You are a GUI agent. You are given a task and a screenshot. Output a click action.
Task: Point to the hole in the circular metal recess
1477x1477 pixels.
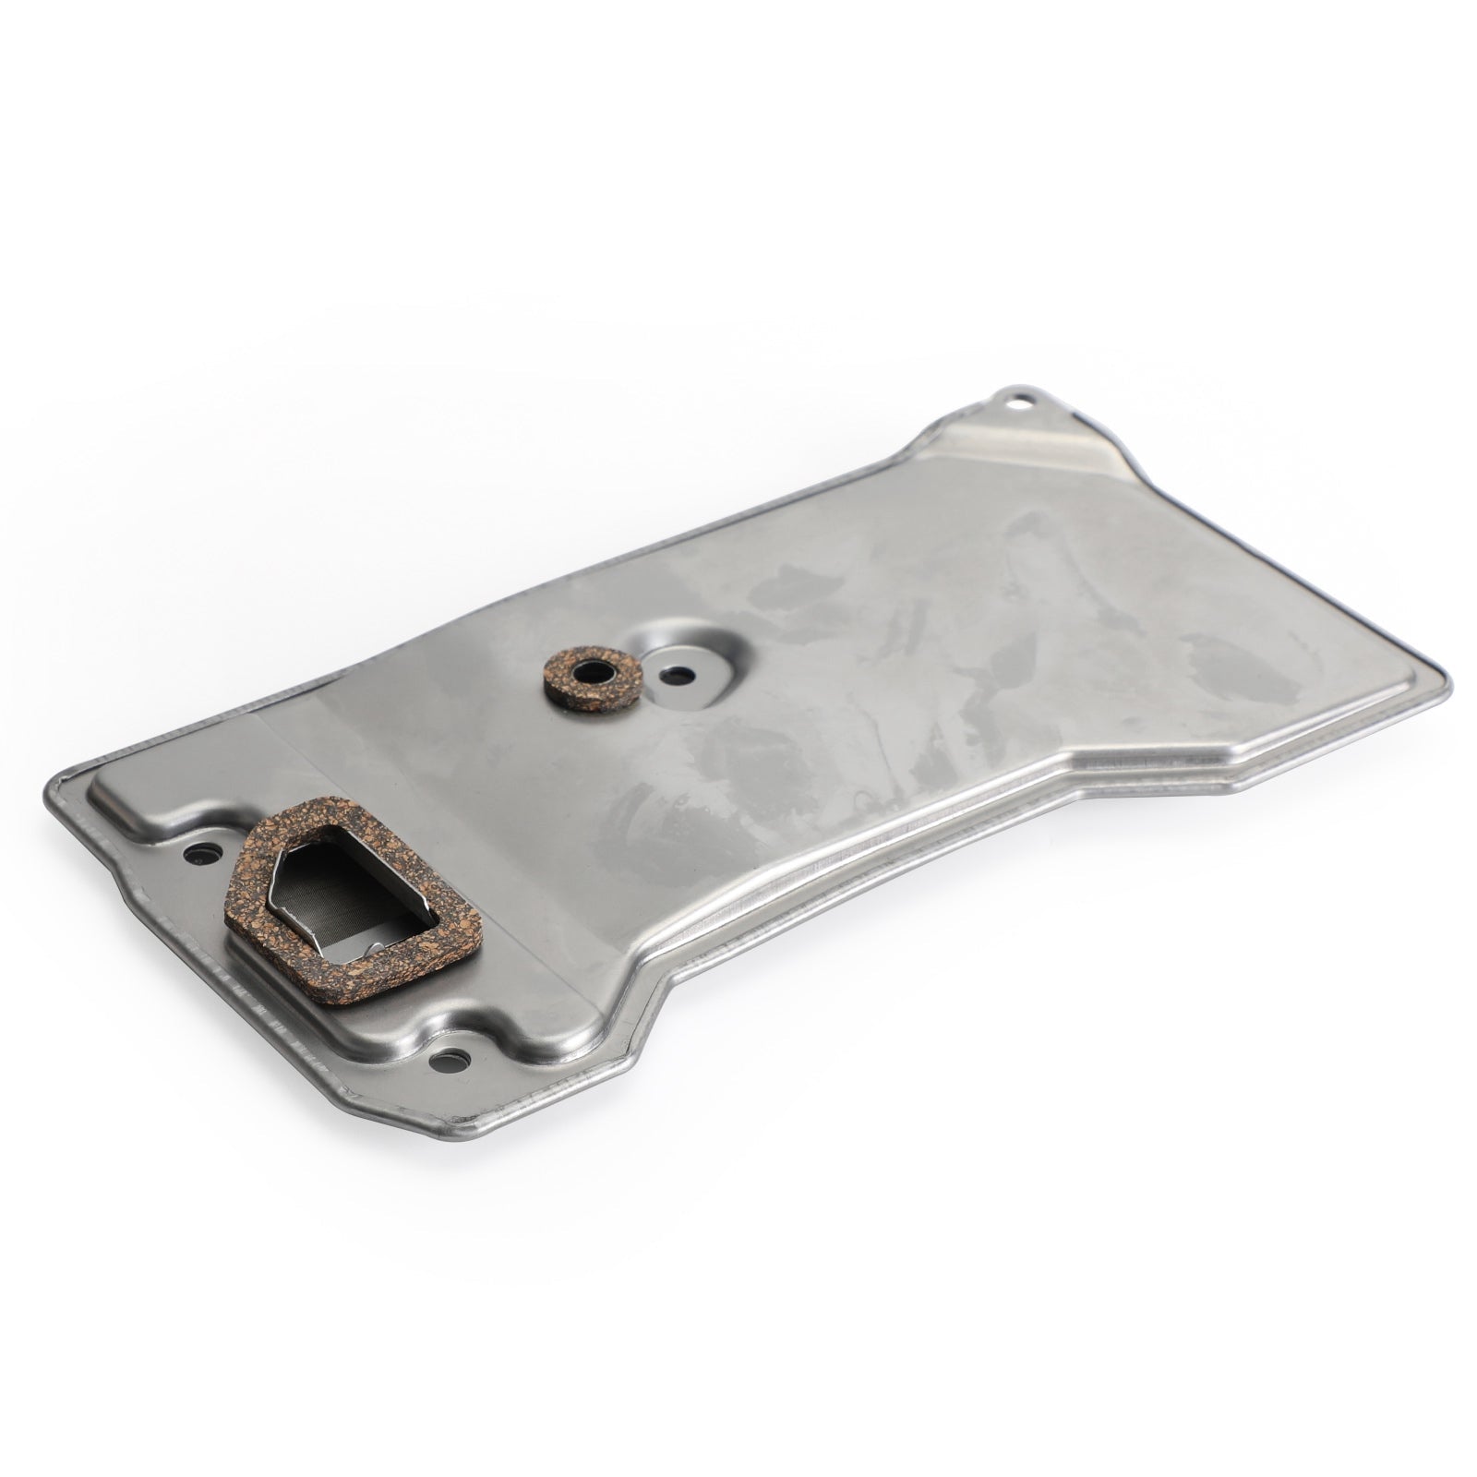tap(680, 672)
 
